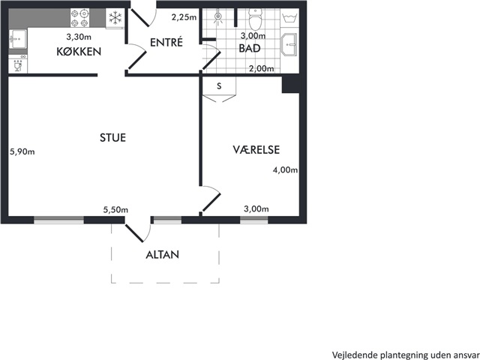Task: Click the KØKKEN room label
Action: click(79, 52)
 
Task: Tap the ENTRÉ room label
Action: click(166, 42)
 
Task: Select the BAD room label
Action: click(250, 48)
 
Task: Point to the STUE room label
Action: click(112, 137)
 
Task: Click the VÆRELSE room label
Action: click(256, 150)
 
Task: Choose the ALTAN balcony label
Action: click(162, 255)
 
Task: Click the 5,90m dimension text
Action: click(22, 151)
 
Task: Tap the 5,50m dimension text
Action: click(115, 210)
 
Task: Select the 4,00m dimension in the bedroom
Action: click(285, 170)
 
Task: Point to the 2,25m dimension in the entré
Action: click(184, 17)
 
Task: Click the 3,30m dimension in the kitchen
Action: click(79, 37)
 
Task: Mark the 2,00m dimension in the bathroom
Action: click(262, 68)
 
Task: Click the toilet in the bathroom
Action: click(255, 18)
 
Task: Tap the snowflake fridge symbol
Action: click(115, 18)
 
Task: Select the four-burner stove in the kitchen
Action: click(80, 18)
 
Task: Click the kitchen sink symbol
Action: click(18, 39)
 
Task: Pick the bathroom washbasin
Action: click(289, 45)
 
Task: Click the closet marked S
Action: click(219, 88)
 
